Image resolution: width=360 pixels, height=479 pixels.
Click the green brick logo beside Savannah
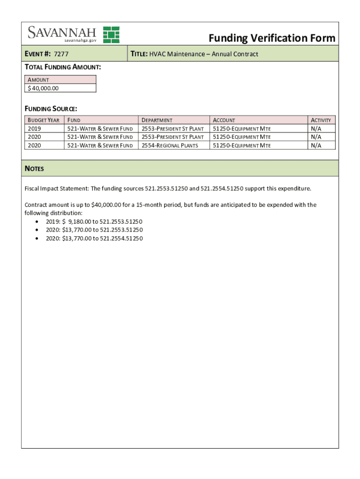click(x=111, y=34)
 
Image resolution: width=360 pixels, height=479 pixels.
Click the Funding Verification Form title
click(x=272, y=38)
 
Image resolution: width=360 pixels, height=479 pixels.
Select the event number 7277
click(x=61, y=54)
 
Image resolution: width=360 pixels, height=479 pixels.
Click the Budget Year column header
click(x=43, y=120)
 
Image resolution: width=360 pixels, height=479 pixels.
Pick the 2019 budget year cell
click(x=35, y=129)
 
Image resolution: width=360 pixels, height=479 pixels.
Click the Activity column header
click(x=321, y=120)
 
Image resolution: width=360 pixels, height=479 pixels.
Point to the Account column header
click(x=224, y=120)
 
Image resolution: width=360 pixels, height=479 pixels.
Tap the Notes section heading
click(x=34, y=168)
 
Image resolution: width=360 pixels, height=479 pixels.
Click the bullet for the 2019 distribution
click(x=37, y=222)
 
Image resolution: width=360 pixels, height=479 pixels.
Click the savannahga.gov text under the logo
click(x=77, y=41)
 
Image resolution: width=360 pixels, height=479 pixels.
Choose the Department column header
click(x=157, y=120)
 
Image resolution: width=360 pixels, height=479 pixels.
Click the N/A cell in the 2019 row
click(x=316, y=129)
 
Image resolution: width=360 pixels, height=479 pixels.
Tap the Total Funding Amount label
click(x=63, y=67)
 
